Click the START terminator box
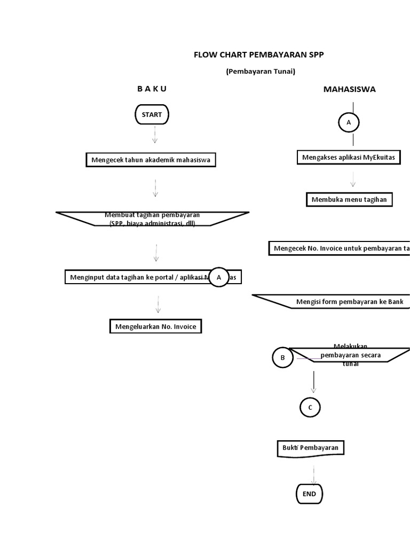[152, 114]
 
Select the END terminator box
[309, 494]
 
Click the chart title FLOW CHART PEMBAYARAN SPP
[258, 54]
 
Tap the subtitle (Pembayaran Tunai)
[260, 71]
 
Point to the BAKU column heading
[152, 89]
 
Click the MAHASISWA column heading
[349, 89]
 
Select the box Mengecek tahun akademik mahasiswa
[151, 160]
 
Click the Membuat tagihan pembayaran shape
[152, 219]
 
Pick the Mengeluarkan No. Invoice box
[156, 326]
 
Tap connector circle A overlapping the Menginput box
[219, 277]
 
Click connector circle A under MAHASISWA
[349, 122]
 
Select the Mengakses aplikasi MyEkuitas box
[349, 157]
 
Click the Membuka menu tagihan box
[349, 200]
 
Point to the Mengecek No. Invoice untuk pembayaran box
[340, 248]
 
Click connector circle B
[283, 358]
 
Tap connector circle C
[310, 408]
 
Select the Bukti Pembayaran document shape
[311, 448]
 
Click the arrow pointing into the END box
[313, 474]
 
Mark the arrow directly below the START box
[155, 135]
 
